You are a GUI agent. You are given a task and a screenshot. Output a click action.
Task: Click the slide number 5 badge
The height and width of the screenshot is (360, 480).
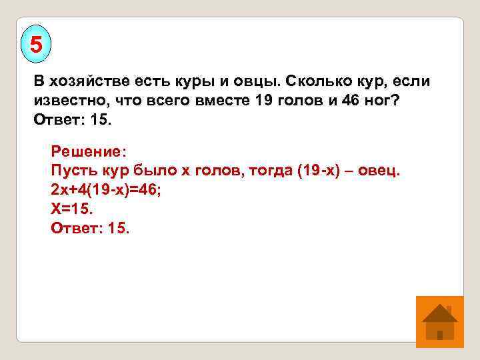(x=36, y=45)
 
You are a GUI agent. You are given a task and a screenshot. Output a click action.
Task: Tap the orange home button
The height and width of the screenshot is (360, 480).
(x=439, y=321)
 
